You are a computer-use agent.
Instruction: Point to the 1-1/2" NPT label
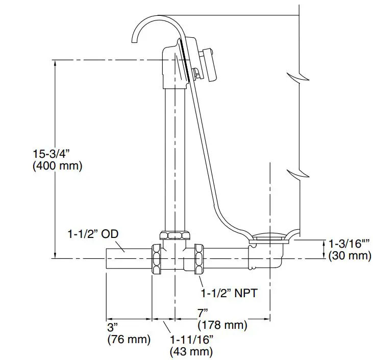point(228,293)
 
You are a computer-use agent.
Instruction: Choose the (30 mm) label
point(350,256)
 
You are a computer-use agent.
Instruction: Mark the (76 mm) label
point(129,339)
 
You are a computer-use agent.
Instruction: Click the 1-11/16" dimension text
point(192,339)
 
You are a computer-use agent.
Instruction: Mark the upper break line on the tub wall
point(300,77)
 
